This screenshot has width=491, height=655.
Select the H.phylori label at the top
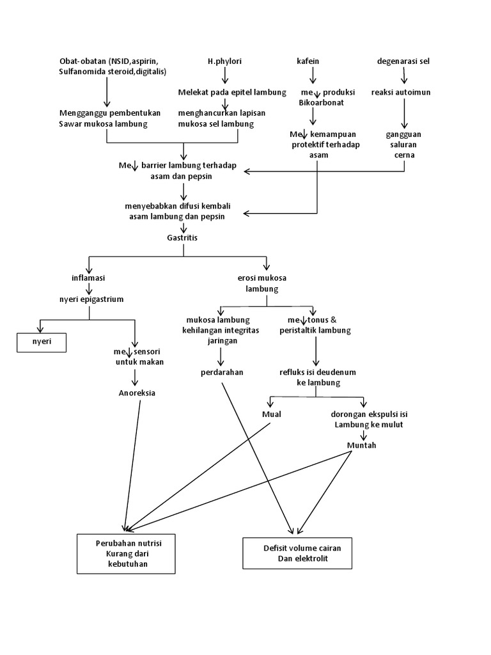click(x=224, y=61)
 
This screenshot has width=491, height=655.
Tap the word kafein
click(x=308, y=61)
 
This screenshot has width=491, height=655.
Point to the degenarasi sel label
click(x=403, y=61)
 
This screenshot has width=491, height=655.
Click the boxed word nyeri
click(x=42, y=343)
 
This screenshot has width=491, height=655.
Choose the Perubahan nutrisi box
click(x=126, y=553)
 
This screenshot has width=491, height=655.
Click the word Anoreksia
click(x=137, y=393)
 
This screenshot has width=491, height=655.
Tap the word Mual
click(x=272, y=414)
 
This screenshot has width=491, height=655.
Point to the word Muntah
click(x=361, y=445)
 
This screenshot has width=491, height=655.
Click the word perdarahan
click(x=221, y=372)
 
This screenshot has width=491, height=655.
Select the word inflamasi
click(x=88, y=278)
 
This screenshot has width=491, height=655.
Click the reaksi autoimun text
click(x=401, y=92)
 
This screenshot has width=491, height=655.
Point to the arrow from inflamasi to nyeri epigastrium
click(x=88, y=288)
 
